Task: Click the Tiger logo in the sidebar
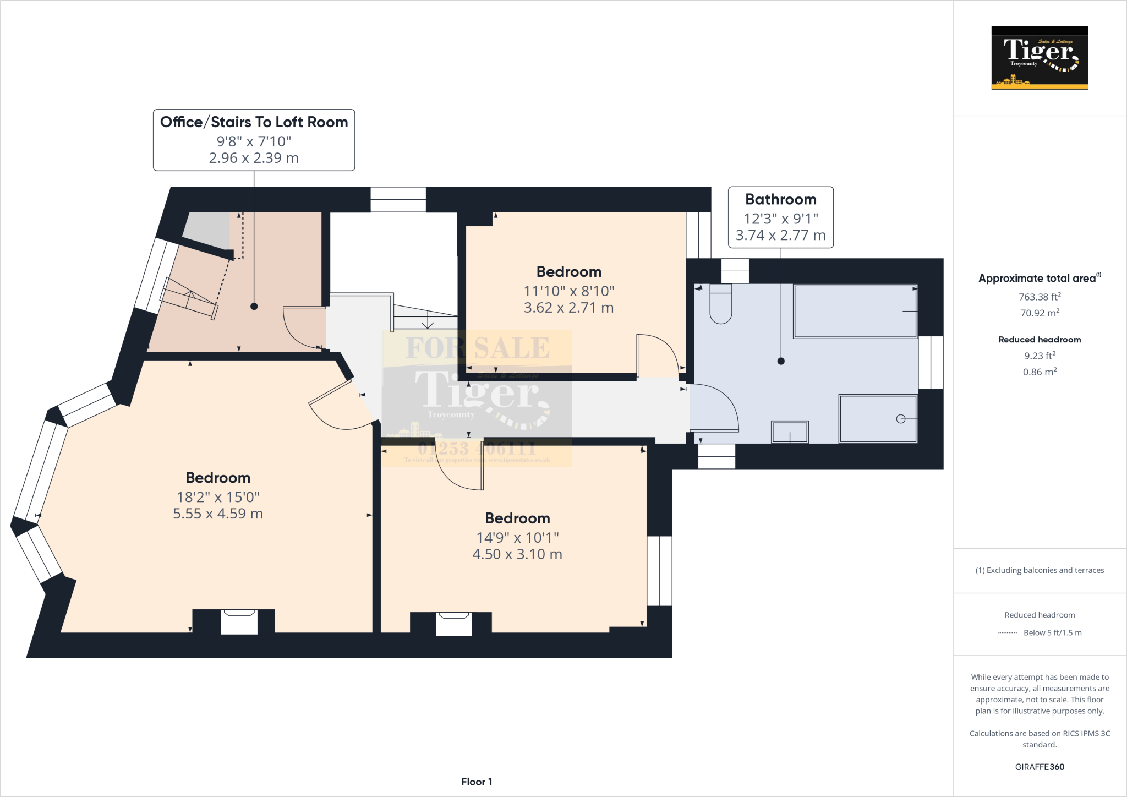point(1040,58)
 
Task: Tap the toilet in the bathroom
point(720,304)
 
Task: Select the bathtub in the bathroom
point(855,312)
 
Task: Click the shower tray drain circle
point(901,419)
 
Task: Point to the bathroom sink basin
point(790,432)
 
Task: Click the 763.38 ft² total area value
point(1040,297)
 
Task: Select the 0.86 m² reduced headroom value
point(1040,372)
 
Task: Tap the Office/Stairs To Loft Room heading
point(254,122)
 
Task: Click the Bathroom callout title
point(780,199)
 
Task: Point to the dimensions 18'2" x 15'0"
point(218,497)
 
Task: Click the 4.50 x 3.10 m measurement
point(517,554)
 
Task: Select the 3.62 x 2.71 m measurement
point(568,308)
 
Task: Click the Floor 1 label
point(477,782)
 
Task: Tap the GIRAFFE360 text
point(1040,767)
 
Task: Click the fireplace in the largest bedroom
point(239,622)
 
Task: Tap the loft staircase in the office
point(189,298)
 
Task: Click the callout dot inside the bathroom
point(780,361)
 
